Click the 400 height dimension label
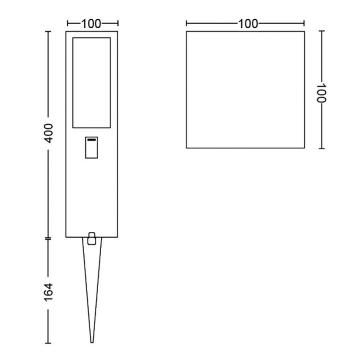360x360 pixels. (x=49, y=133)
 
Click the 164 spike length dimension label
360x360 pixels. (x=49, y=292)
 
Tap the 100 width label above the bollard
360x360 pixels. (x=91, y=24)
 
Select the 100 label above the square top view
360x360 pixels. (x=248, y=24)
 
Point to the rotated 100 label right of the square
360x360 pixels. (x=322, y=93)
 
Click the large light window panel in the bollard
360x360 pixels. (x=92, y=83)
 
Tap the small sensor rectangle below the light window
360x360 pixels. (x=92, y=148)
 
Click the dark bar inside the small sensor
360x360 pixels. (x=92, y=140)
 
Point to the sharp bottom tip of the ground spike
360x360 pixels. (x=92, y=342)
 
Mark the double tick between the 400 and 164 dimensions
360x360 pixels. (x=49, y=238)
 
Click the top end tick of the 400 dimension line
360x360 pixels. (x=49, y=32)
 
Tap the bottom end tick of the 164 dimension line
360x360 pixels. (x=49, y=343)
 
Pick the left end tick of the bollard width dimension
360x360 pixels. (x=68, y=24)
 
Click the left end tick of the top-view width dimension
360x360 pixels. (x=186, y=24)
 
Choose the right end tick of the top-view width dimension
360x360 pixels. (x=304, y=24)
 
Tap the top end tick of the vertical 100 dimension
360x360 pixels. (x=322, y=31)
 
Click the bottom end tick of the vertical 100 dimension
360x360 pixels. (x=322, y=148)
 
